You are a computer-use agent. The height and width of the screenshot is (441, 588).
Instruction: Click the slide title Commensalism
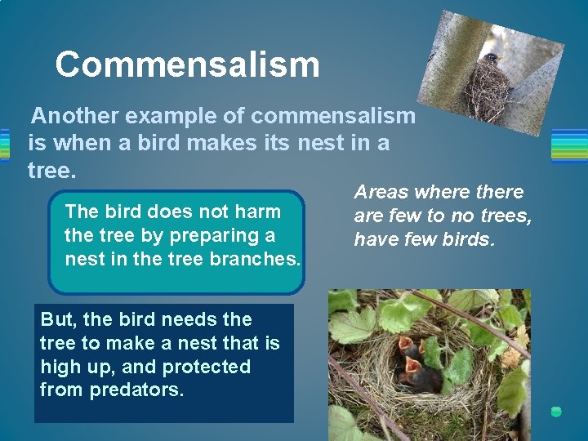[187, 65]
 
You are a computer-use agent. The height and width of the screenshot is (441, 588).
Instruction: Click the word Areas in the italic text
[381, 192]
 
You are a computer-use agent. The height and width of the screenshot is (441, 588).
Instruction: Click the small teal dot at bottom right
[556, 412]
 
